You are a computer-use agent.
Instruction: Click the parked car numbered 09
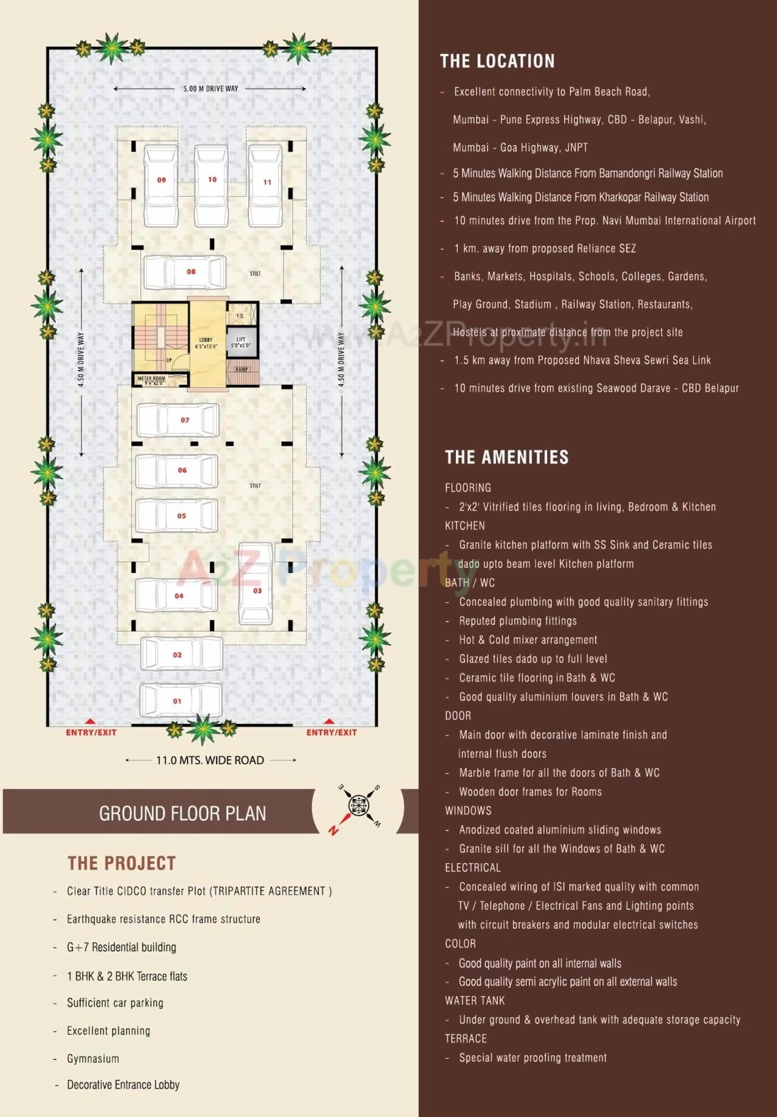coord(161,185)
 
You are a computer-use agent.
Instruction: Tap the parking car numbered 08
coord(185,272)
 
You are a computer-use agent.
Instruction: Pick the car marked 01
coord(181,700)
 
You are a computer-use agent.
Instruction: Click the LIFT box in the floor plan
coord(241,342)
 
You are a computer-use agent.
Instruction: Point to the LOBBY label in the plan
coord(206,343)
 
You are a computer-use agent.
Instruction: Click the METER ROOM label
coord(151,380)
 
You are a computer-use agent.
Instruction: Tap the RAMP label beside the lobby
coord(242,369)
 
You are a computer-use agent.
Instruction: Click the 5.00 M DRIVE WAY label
coord(211,89)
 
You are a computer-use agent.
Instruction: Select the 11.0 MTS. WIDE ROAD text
coord(210,760)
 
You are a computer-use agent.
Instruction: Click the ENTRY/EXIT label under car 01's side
coord(91,732)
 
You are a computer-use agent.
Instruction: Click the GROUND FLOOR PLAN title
coord(182,813)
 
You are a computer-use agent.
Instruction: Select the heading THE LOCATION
coord(497,61)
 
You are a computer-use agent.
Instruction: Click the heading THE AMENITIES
coord(506,457)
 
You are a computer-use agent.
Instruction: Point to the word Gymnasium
coord(93,1058)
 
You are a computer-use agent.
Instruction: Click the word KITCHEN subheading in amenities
coord(464,526)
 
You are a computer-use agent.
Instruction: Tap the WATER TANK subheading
coord(475,1000)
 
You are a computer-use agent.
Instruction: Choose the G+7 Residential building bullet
coord(121,947)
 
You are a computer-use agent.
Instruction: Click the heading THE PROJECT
coord(121,863)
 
